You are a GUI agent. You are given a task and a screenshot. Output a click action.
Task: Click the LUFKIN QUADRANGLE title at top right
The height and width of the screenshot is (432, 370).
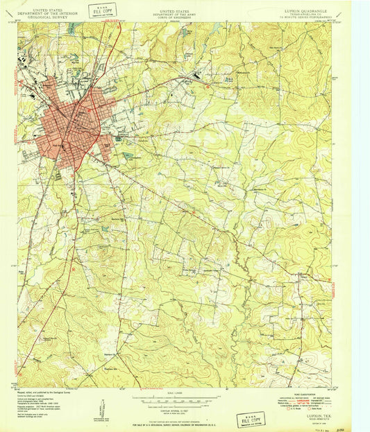308,11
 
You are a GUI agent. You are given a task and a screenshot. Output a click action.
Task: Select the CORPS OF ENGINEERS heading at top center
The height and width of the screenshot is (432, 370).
175,17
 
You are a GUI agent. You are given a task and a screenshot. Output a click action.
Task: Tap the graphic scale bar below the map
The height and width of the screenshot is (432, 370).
175,401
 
